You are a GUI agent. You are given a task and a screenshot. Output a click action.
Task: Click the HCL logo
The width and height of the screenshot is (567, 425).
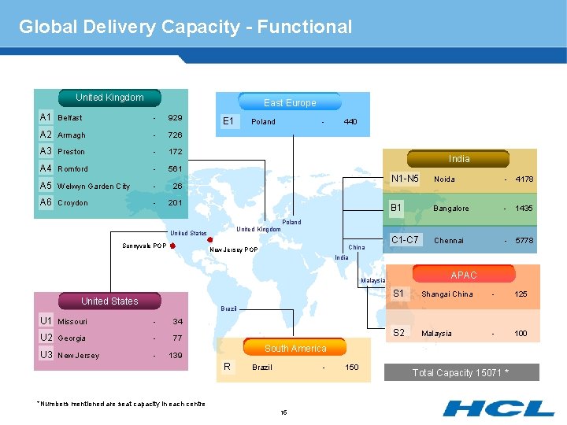498,408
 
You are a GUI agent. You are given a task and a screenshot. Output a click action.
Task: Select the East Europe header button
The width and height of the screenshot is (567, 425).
290,102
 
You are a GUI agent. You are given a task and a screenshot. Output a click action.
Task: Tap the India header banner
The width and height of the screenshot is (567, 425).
459,158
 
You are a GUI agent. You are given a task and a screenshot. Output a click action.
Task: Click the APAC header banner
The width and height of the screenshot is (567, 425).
464,275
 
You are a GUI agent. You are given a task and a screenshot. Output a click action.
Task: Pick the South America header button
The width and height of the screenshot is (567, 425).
295,348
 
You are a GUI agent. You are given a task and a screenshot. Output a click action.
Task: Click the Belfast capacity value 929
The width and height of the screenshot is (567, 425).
175,117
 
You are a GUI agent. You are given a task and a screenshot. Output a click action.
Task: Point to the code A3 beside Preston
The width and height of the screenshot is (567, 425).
46,151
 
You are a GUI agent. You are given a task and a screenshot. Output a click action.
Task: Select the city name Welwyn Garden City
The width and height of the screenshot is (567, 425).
94,187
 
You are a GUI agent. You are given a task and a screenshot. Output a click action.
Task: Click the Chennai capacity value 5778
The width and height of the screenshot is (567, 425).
524,241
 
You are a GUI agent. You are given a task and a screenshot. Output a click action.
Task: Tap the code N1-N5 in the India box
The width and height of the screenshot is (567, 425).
406,179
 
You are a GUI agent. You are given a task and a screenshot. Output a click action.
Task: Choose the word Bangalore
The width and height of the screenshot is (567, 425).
451,209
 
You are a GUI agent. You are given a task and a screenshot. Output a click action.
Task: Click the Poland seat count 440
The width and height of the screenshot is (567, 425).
350,122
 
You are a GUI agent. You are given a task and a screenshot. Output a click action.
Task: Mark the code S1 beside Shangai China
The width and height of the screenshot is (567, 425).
398,294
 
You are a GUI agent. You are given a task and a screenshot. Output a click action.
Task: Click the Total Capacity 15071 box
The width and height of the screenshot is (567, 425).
461,372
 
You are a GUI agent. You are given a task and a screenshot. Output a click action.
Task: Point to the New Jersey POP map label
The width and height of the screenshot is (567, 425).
234,250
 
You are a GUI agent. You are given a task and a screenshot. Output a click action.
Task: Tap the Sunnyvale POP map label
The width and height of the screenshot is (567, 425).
143,246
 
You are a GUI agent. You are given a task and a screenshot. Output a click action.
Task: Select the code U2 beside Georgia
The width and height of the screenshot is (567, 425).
46,338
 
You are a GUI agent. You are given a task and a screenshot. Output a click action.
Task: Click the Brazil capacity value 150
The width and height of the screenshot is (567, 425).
352,368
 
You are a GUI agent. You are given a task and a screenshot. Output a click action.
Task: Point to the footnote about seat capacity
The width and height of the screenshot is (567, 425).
120,404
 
